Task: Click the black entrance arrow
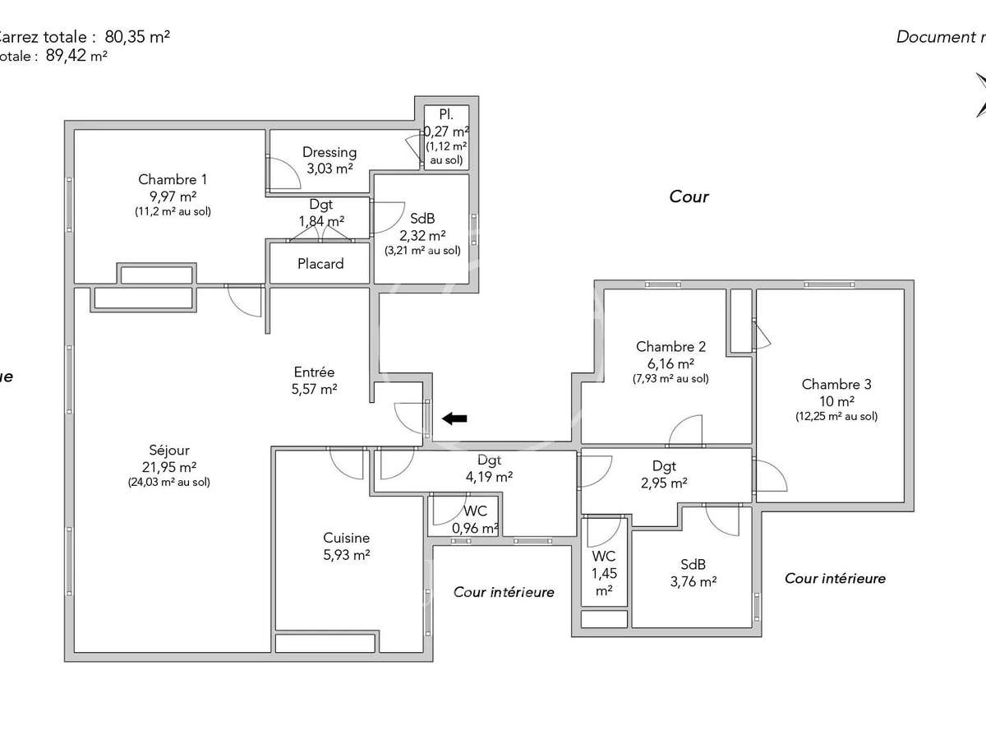tap(454, 419)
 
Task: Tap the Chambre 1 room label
tap(173, 180)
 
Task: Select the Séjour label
tap(169, 450)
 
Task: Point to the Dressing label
tap(329, 152)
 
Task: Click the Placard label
tap(320, 264)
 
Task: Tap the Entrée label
tap(315, 372)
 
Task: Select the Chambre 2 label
tap(670, 346)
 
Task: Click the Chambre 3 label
tap(836, 384)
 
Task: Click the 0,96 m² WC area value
tap(475, 528)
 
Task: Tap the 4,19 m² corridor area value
tap(489, 476)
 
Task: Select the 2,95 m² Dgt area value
tap(664, 483)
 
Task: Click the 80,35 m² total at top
tap(137, 36)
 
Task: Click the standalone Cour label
tap(689, 197)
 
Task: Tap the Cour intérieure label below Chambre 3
tap(835, 579)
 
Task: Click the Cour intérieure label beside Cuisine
tap(504, 592)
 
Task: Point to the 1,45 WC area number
tap(604, 573)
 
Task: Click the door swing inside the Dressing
tap(279, 173)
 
